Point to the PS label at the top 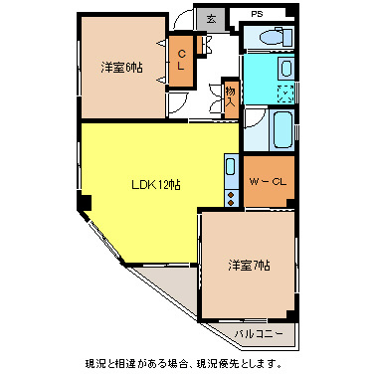(x=257, y=14)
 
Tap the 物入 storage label (x=230, y=96)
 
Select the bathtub (x=282, y=127)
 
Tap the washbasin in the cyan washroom (x=285, y=70)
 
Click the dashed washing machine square (x=284, y=94)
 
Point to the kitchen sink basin (x=231, y=167)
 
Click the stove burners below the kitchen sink (x=231, y=195)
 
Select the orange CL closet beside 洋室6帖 (x=182, y=61)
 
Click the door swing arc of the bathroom (x=255, y=129)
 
